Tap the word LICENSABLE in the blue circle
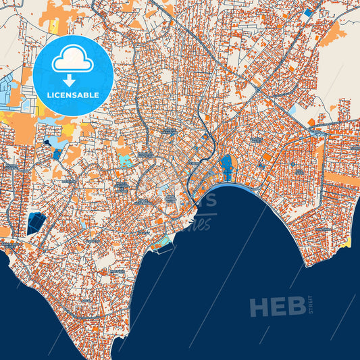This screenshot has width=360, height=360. (x=72, y=95)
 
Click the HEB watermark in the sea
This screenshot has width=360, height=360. (x=277, y=307)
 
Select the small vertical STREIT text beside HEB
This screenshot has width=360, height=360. (x=312, y=306)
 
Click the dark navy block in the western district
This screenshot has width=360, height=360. (x=35, y=223)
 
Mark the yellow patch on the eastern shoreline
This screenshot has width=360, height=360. (x=348, y=241)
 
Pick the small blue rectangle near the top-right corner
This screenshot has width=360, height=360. (x=308, y=12)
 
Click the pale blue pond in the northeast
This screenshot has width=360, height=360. (x=292, y=108)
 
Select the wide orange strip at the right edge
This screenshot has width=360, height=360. (x=341, y=178)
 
